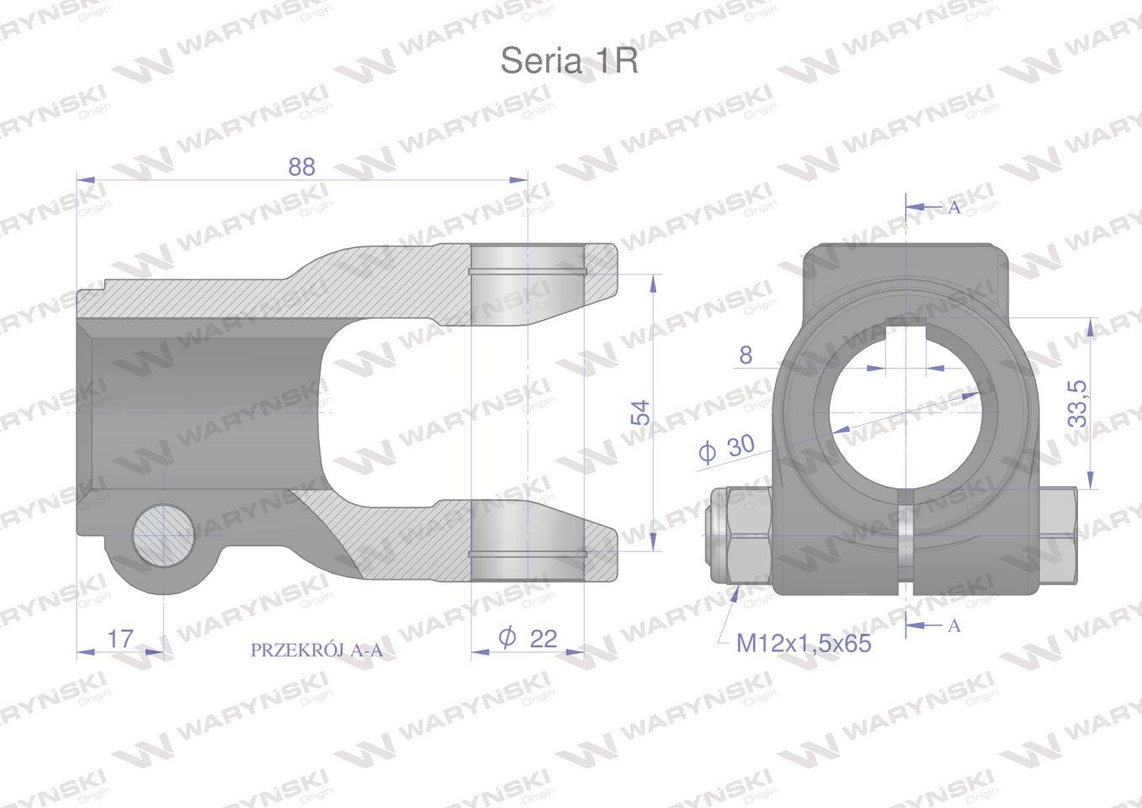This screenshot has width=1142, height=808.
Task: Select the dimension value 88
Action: point(301,167)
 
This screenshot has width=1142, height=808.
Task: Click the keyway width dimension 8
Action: point(746,355)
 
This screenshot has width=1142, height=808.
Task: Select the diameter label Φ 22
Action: point(528,639)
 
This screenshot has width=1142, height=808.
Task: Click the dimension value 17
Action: point(120,639)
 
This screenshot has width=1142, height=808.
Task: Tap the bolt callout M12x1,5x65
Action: point(804,644)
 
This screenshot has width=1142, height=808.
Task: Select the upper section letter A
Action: point(953,208)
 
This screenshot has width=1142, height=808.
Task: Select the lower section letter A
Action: point(953,625)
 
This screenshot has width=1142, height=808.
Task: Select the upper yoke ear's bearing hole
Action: point(526,274)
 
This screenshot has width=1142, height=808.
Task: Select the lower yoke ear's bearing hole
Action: point(526,539)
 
